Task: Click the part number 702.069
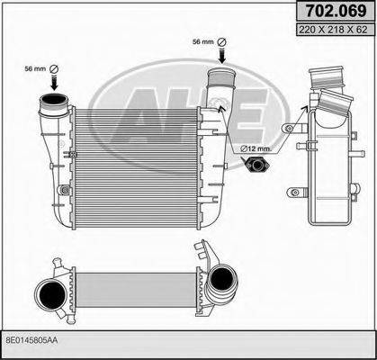tap(328, 13)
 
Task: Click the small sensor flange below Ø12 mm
tap(256, 165)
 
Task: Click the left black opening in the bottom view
tap(48, 295)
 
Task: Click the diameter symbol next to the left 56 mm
tap(52, 70)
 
